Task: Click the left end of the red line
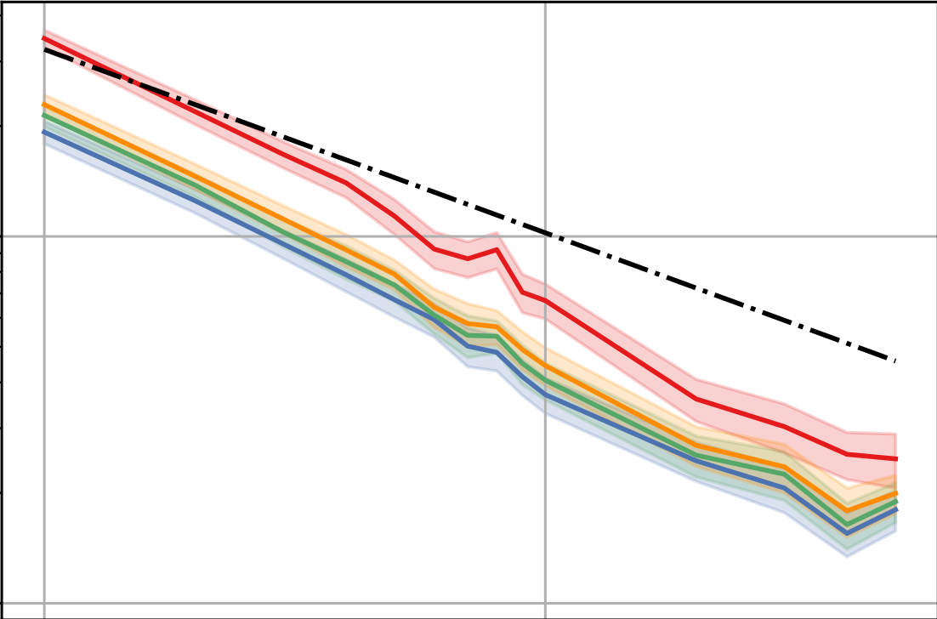[x=44, y=38]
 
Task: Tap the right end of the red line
[x=896, y=459]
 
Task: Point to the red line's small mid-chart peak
[x=497, y=249]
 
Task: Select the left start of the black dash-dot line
[x=44, y=49]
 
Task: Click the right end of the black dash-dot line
[x=896, y=361]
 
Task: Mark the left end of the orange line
[x=44, y=105]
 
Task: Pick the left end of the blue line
[x=44, y=132]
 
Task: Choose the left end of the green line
[x=44, y=116]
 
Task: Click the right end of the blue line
[x=896, y=508]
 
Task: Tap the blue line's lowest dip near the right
[x=847, y=533]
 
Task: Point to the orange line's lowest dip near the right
[x=847, y=509]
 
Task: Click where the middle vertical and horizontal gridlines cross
[x=545, y=236]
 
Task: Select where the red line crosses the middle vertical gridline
[x=545, y=301]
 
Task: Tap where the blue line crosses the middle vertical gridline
[x=545, y=394]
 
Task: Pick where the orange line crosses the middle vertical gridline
[x=545, y=366]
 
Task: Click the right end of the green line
[x=896, y=501]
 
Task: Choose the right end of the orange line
[x=896, y=492]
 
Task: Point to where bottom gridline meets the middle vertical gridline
[x=545, y=604]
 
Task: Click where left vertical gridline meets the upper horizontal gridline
[x=44, y=236]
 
